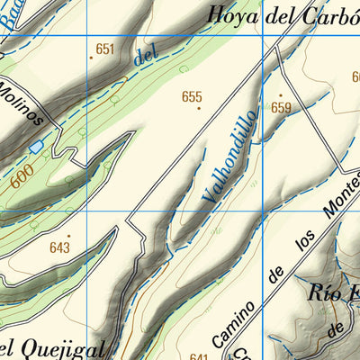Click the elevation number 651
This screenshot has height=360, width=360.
tap(106, 49)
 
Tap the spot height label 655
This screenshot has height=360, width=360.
tap(192, 97)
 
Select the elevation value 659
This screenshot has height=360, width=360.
tap(282, 108)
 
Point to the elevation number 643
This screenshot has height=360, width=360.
tap(60, 247)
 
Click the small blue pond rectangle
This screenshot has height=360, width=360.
tap(36, 146)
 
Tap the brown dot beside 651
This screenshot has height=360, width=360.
tap(91, 57)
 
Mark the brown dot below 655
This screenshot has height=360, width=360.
tap(199, 109)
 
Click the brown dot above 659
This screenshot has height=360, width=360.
tap(280, 95)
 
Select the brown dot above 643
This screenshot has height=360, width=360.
tap(67, 237)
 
